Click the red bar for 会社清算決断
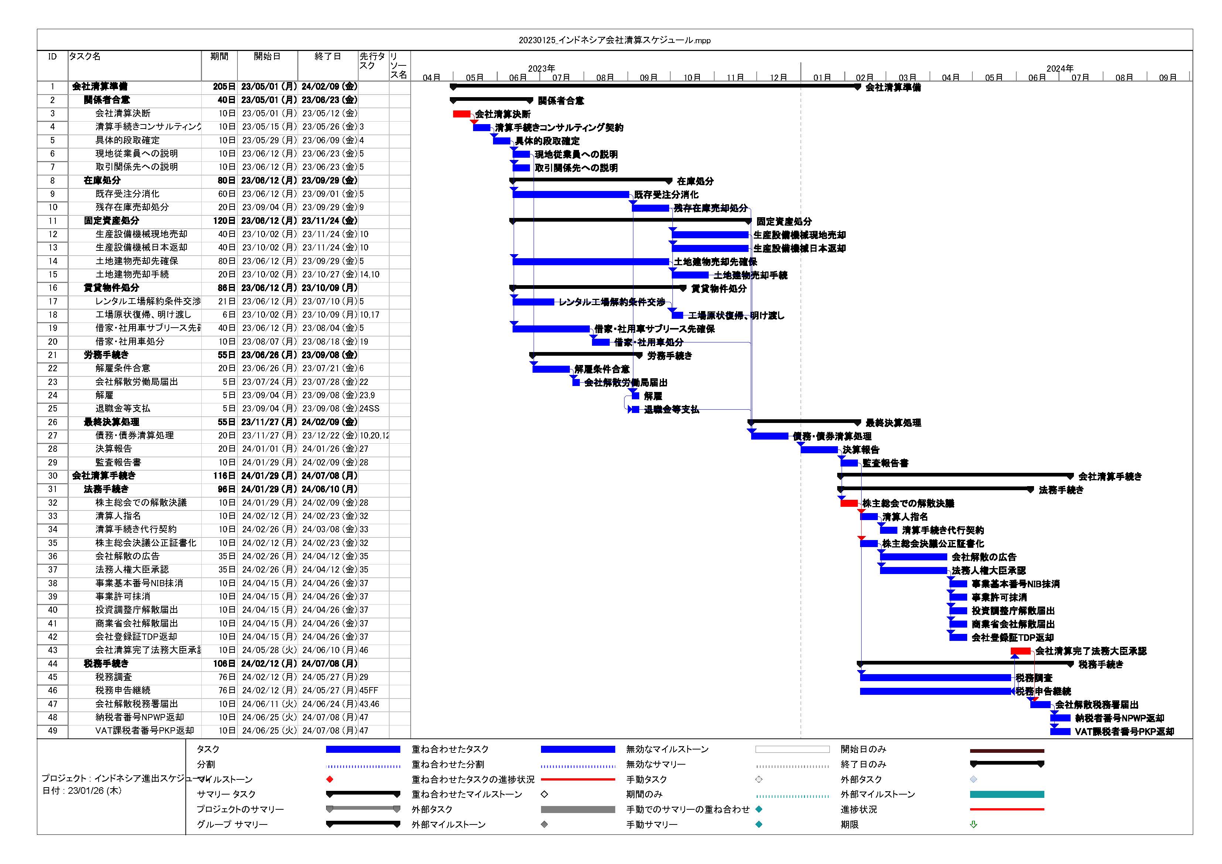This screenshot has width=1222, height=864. pos(462,114)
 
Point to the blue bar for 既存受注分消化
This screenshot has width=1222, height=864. pos(571,194)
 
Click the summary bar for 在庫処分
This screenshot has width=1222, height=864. pos(591,181)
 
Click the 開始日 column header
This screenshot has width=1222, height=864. pos(267,57)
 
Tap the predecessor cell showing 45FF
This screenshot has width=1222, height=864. pos(369,690)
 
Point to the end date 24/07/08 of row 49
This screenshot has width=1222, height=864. pos(329,731)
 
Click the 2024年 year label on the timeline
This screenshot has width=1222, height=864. pos(1060,68)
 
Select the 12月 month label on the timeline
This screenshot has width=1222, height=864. pos(778,78)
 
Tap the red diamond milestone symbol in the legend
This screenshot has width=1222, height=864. pos(330,779)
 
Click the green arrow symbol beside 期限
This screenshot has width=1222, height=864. pos(973,824)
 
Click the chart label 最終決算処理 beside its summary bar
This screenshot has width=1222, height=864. pos(893,423)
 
